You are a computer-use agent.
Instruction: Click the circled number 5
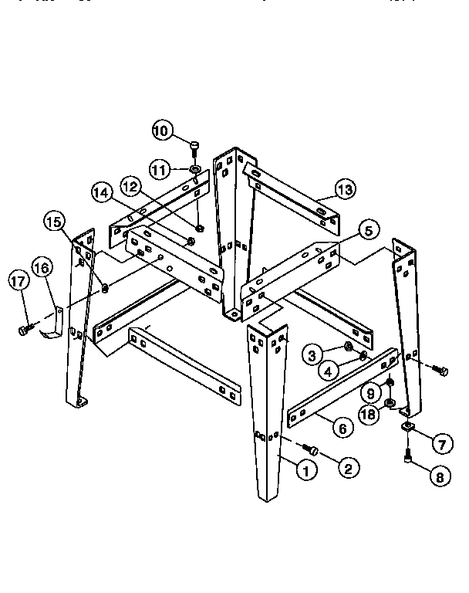[367, 229]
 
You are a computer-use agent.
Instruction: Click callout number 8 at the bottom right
[440, 476]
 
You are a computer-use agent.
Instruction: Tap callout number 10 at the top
[162, 130]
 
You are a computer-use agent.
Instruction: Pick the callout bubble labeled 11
[159, 168]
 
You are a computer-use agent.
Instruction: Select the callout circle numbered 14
[103, 191]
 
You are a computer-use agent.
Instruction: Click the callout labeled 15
[55, 221]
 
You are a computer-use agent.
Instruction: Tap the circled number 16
[42, 269]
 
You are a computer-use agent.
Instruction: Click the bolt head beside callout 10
[194, 144]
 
